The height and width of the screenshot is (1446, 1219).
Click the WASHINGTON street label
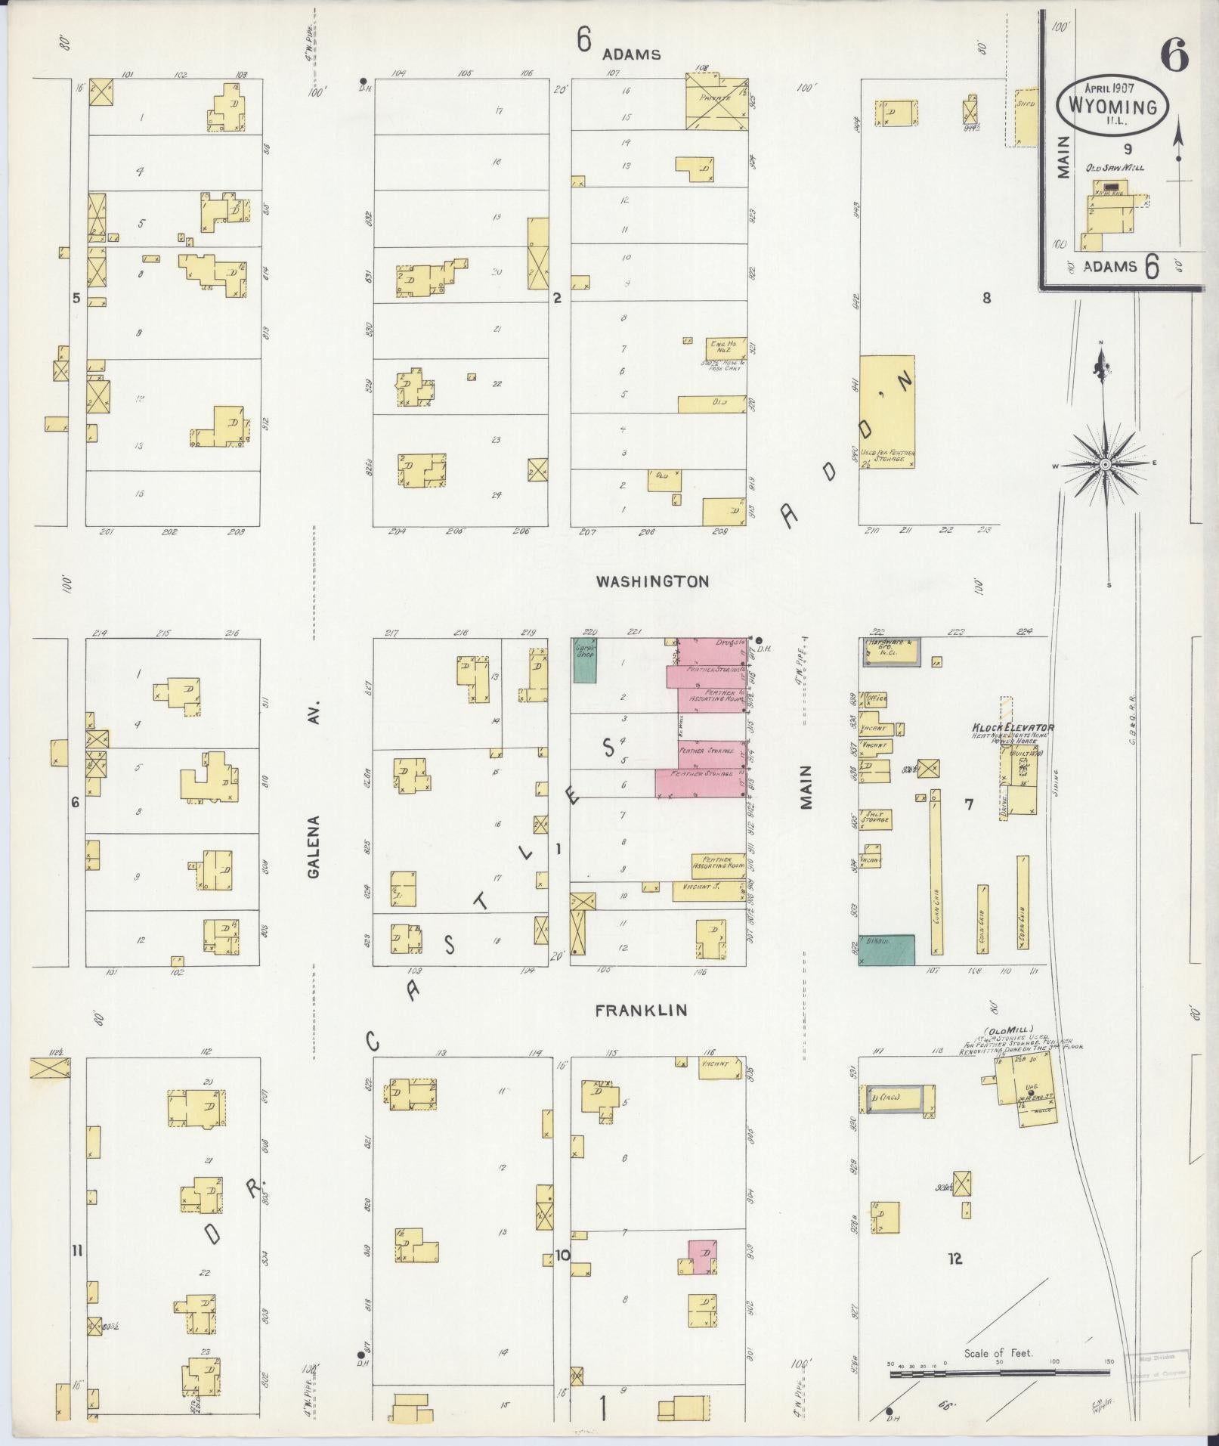[x=652, y=581]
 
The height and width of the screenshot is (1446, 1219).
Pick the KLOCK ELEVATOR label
[x=1013, y=728]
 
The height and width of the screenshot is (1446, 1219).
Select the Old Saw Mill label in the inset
[x=1115, y=168]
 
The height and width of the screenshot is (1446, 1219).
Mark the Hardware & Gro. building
[x=892, y=651]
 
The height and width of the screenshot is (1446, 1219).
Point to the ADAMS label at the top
[x=632, y=54]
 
